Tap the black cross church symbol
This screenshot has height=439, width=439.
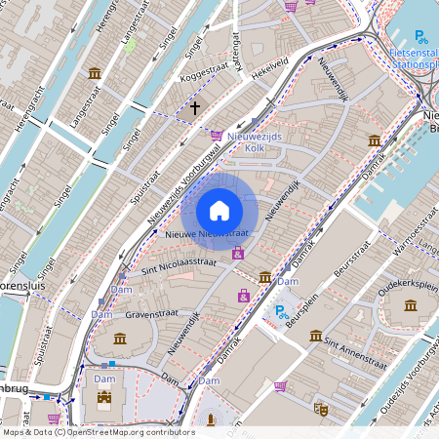click(x=195, y=107)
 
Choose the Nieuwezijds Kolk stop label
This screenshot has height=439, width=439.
click(x=254, y=143)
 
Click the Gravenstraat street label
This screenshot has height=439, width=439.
click(x=148, y=315)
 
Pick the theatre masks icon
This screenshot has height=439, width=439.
click(x=319, y=409)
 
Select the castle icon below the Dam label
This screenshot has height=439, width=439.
click(x=104, y=398)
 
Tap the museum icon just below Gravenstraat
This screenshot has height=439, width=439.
click(x=120, y=339)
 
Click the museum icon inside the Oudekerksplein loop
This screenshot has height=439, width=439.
click(x=410, y=305)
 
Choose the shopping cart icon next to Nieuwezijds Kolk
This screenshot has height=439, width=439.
click(x=217, y=136)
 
